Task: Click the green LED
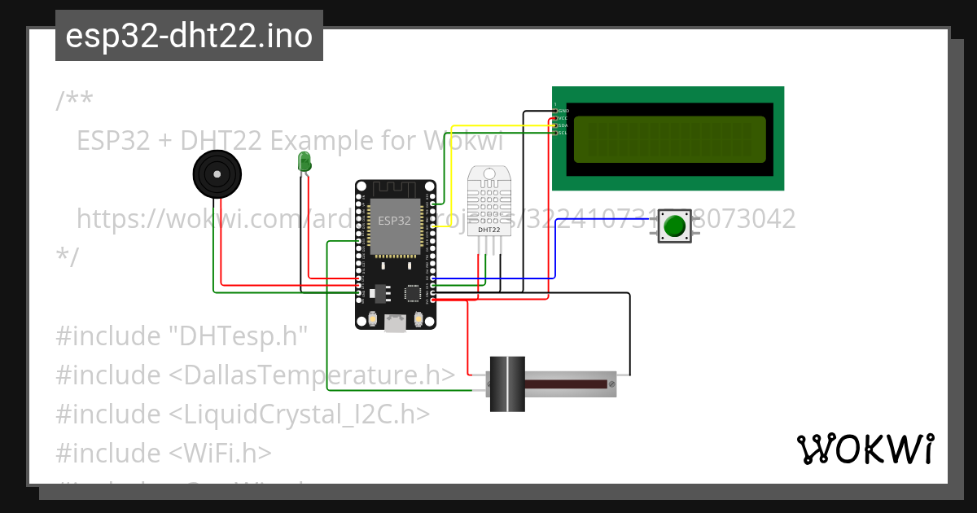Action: click(x=304, y=160)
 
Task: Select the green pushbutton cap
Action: click(x=673, y=226)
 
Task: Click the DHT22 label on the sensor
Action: click(x=488, y=230)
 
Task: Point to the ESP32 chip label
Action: click(x=395, y=220)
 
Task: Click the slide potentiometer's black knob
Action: click(x=508, y=384)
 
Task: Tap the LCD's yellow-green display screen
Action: click(x=669, y=138)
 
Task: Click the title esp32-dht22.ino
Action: click(x=189, y=37)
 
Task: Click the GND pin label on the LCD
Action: click(x=562, y=110)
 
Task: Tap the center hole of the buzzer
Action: click(x=217, y=173)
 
